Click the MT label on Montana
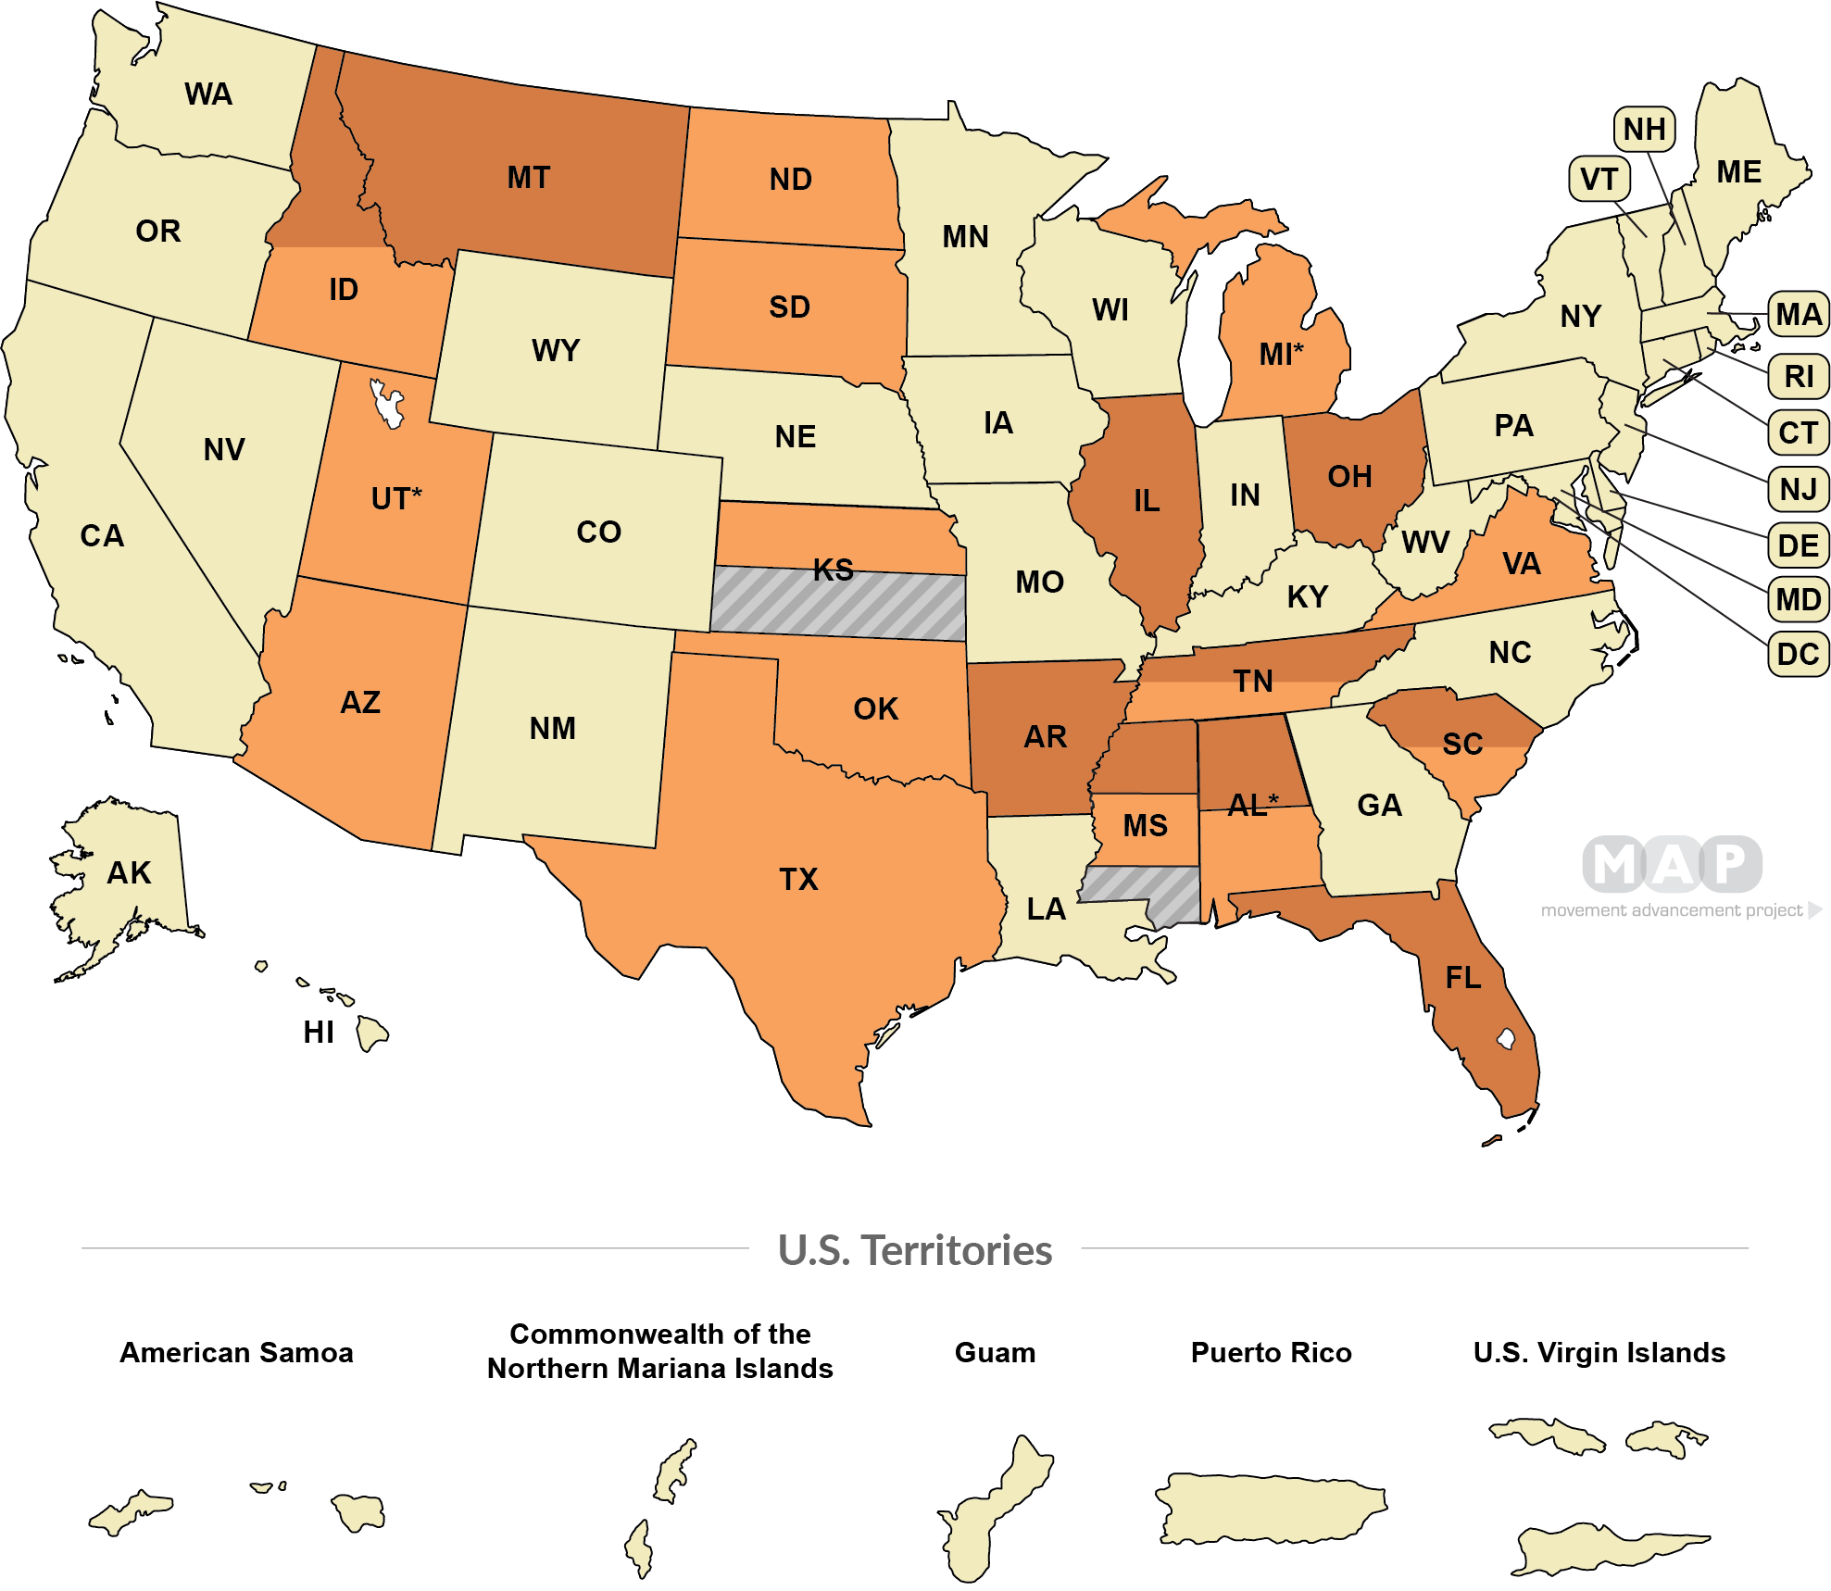528,178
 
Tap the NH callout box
1644,130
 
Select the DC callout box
1798,655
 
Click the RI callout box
1798,377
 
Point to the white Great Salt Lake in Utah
387,404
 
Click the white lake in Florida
1506,1038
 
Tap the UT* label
395,498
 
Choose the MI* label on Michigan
1281,354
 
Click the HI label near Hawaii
318,1033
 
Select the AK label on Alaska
129,873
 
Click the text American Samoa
236,1353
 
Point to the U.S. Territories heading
915,1250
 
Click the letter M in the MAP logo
1615,864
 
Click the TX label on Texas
798,879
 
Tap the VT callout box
1599,179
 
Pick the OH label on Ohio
1349,477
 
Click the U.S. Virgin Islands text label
1599,1353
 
